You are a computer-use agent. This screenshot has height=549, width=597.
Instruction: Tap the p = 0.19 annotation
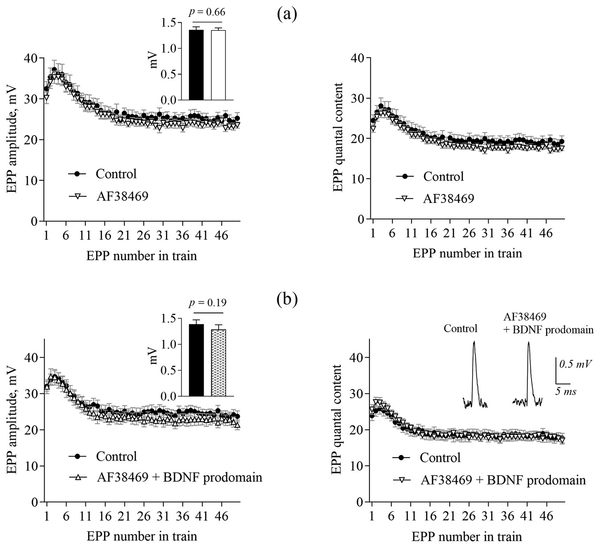[207, 303]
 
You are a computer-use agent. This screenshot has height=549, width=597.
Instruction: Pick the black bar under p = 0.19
[196, 360]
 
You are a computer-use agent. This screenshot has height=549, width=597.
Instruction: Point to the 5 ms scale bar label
[566, 391]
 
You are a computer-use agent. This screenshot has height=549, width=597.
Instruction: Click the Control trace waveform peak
[474, 342]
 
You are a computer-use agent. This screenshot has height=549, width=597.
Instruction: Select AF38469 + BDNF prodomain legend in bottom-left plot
[179, 477]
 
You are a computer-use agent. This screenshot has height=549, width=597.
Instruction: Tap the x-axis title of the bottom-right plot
[467, 536]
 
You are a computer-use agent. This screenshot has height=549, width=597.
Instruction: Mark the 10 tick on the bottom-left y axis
[34, 466]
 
